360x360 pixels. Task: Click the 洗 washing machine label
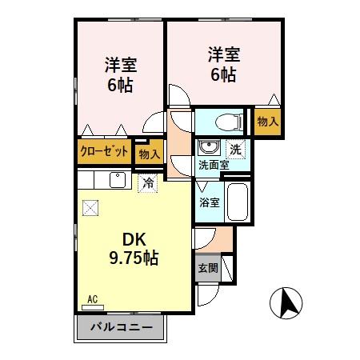click(236, 148)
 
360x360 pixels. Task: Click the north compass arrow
click(289, 303)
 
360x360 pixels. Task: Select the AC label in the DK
click(93, 300)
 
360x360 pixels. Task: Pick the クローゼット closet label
click(105, 150)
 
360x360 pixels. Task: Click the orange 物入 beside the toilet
click(267, 122)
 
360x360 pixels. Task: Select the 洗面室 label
click(214, 165)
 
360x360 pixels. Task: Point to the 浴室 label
click(209, 202)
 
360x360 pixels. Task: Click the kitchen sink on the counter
click(117, 179)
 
